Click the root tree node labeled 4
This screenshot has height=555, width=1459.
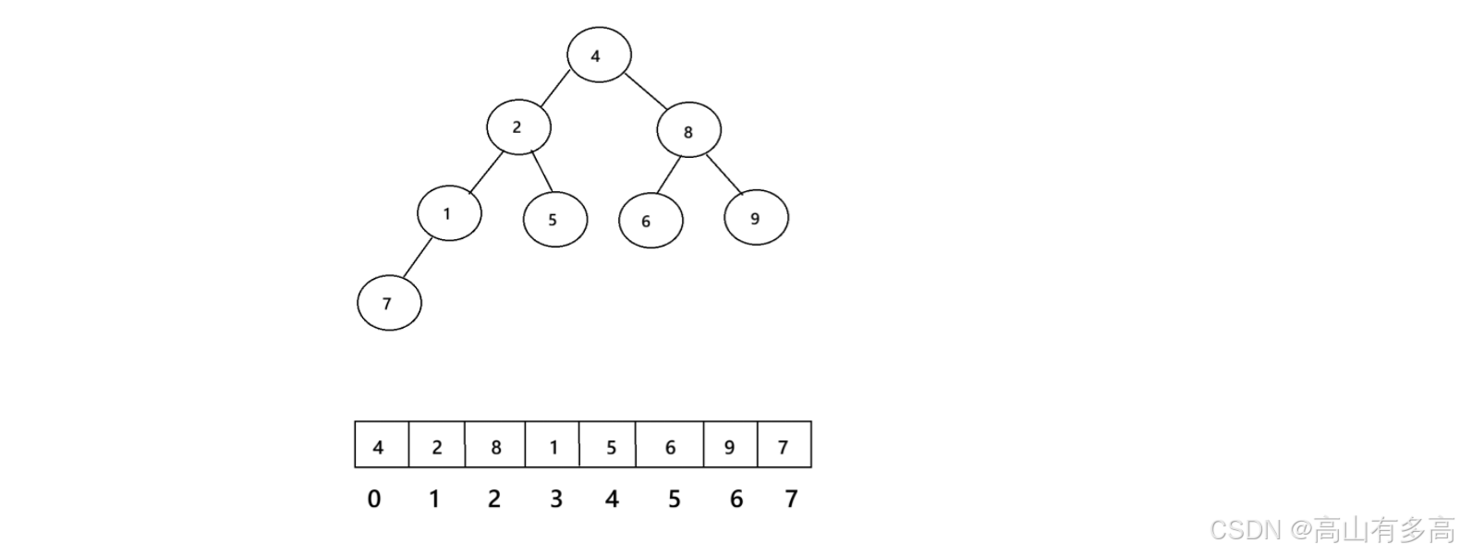tap(599, 55)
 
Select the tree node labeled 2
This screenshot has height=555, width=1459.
tap(519, 127)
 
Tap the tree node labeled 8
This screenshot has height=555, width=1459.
tap(688, 132)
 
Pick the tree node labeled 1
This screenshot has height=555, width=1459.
tap(449, 214)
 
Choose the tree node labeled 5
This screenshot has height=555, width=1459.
tap(554, 220)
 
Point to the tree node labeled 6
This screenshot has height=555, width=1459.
tap(650, 222)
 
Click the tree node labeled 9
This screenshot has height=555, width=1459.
tap(756, 219)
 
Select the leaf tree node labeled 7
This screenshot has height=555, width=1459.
tap(389, 303)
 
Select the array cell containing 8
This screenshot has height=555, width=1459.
tap(495, 446)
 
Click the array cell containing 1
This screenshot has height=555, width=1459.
tap(553, 446)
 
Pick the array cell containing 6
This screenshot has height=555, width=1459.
tap(669, 446)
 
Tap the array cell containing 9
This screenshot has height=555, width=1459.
tap(730, 446)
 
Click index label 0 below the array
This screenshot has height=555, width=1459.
tap(374, 500)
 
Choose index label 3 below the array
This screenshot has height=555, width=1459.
tap(555, 500)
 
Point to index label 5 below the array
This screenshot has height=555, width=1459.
tap(674, 500)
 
